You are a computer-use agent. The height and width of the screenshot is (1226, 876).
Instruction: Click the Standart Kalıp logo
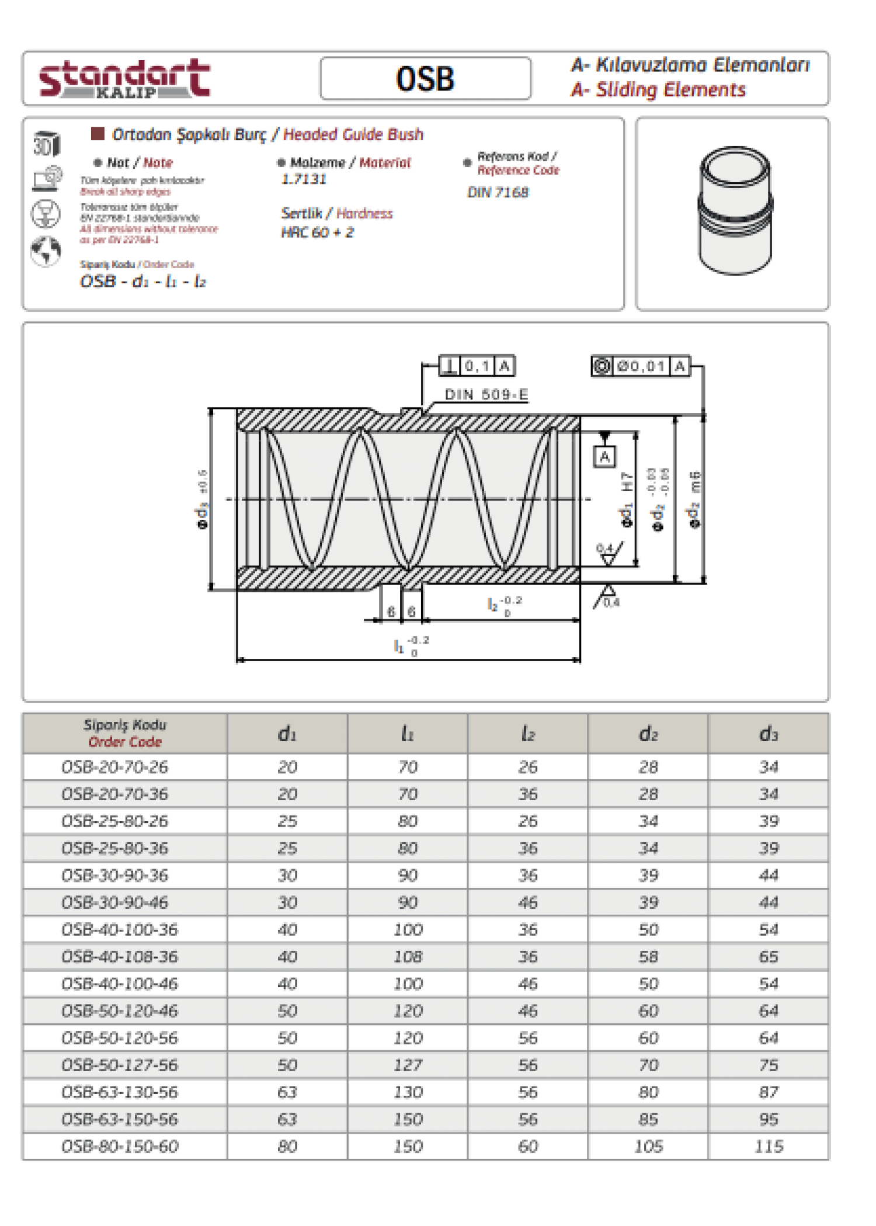point(124,78)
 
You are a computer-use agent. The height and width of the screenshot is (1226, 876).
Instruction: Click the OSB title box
point(425,78)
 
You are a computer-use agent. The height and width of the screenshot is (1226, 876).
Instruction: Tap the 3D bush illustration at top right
point(735,210)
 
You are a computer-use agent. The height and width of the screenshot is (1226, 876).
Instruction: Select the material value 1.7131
point(304,179)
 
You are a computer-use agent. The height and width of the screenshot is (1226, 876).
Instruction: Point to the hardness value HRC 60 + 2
point(317,232)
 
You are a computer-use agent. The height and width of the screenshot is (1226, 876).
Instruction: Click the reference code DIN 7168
point(498,192)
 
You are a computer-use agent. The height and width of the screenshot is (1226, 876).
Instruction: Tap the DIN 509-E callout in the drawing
point(486,395)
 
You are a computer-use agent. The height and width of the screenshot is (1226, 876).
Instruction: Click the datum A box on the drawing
point(604,457)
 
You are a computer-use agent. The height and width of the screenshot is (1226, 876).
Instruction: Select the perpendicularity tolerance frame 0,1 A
point(477,366)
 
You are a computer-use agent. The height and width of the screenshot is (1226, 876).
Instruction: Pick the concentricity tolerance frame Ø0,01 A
point(641,366)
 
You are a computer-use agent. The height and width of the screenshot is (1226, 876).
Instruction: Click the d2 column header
point(648,734)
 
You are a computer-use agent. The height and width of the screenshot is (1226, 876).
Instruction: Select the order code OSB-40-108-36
point(120,957)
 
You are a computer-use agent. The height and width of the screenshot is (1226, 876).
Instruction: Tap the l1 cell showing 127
point(407,1065)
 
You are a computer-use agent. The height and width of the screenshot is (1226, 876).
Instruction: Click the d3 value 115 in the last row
point(768,1147)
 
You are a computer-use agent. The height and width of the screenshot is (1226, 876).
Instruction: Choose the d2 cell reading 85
point(648,1119)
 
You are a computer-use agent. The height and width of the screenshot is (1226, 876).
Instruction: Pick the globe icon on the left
point(46,251)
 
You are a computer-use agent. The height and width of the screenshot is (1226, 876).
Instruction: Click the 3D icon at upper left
point(46,144)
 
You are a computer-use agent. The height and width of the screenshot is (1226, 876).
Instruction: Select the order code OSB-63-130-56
point(120,1092)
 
